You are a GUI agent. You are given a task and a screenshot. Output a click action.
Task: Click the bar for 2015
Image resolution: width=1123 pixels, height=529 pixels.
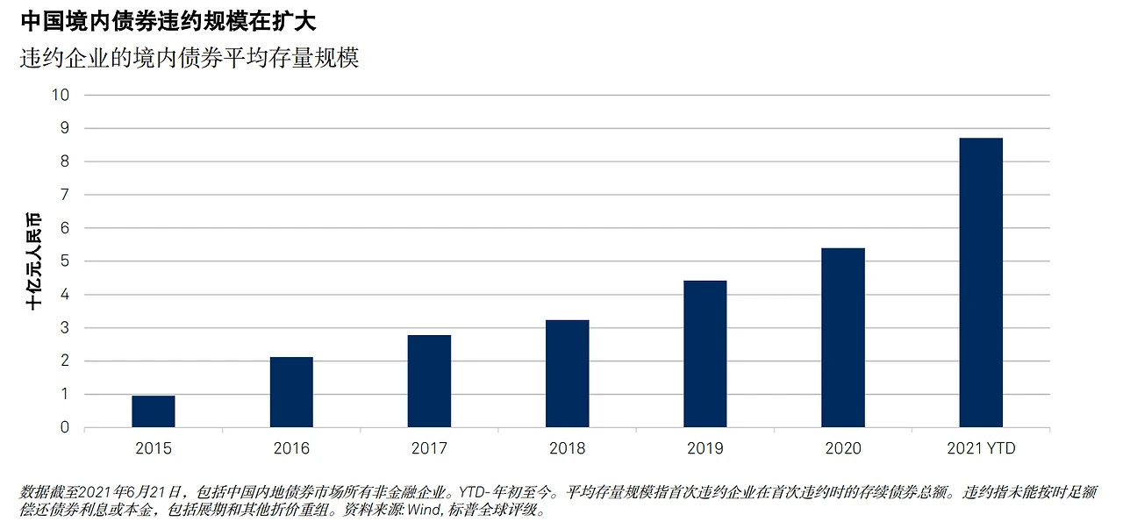pyautogui.click(x=154, y=411)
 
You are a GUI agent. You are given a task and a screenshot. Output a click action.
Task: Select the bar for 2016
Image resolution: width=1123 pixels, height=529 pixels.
pyautogui.click(x=291, y=392)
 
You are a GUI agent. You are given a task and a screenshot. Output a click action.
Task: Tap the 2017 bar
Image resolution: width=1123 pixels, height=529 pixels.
pyautogui.click(x=429, y=381)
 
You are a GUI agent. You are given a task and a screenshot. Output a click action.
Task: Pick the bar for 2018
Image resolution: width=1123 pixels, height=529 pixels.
pyautogui.click(x=567, y=374)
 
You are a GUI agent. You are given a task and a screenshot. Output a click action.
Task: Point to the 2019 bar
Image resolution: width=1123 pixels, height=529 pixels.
pyautogui.click(x=705, y=354)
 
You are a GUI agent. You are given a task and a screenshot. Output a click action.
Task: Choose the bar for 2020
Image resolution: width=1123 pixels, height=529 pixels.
pyautogui.click(x=843, y=338)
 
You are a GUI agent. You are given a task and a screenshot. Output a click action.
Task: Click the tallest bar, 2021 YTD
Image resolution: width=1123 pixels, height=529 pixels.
pyautogui.click(x=981, y=282)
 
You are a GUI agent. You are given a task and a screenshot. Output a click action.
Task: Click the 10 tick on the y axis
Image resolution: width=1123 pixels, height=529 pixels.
pyautogui.click(x=61, y=95)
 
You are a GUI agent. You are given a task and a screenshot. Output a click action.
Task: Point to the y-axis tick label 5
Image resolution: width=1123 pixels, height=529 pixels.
pyautogui.click(x=65, y=261)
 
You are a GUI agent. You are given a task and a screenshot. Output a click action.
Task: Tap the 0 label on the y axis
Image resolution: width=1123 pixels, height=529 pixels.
pyautogui.click(x=65, y=427)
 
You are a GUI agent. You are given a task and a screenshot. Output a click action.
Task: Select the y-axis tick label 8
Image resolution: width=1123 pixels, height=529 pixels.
pyautogui.click(x=65, y=161)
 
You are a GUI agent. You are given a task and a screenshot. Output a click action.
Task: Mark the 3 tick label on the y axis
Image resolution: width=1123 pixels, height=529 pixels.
pyautogui.click(x=65, y=328)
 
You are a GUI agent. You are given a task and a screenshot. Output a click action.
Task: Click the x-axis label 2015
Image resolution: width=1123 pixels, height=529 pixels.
pyautogui.click(x=154, y=447)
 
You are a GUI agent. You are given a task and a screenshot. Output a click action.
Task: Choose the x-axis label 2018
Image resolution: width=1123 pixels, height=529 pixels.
pyautogui.click(x=567, y=447)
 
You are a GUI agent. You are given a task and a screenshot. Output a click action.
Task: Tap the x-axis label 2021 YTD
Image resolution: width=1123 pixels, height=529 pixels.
pyautogui.click(x=981, y=447)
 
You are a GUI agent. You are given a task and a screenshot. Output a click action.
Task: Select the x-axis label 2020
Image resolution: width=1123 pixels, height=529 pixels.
pyautogui.click(x=843, y=447)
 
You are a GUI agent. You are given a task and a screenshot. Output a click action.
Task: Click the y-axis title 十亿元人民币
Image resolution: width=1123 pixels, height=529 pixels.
pyautogui.click(x=33, y=261)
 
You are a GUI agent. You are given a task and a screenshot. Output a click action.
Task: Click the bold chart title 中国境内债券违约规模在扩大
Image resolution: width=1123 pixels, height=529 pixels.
pyautogui.click(x=168, y=22)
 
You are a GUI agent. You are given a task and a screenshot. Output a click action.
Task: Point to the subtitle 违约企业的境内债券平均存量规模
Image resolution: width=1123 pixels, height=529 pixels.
pyautogui.click(x=190, y=58)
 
